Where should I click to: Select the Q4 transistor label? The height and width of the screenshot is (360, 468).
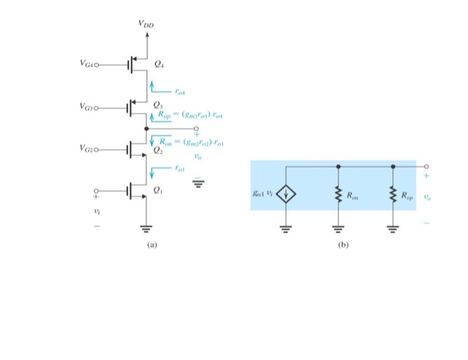pos(158,65)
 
